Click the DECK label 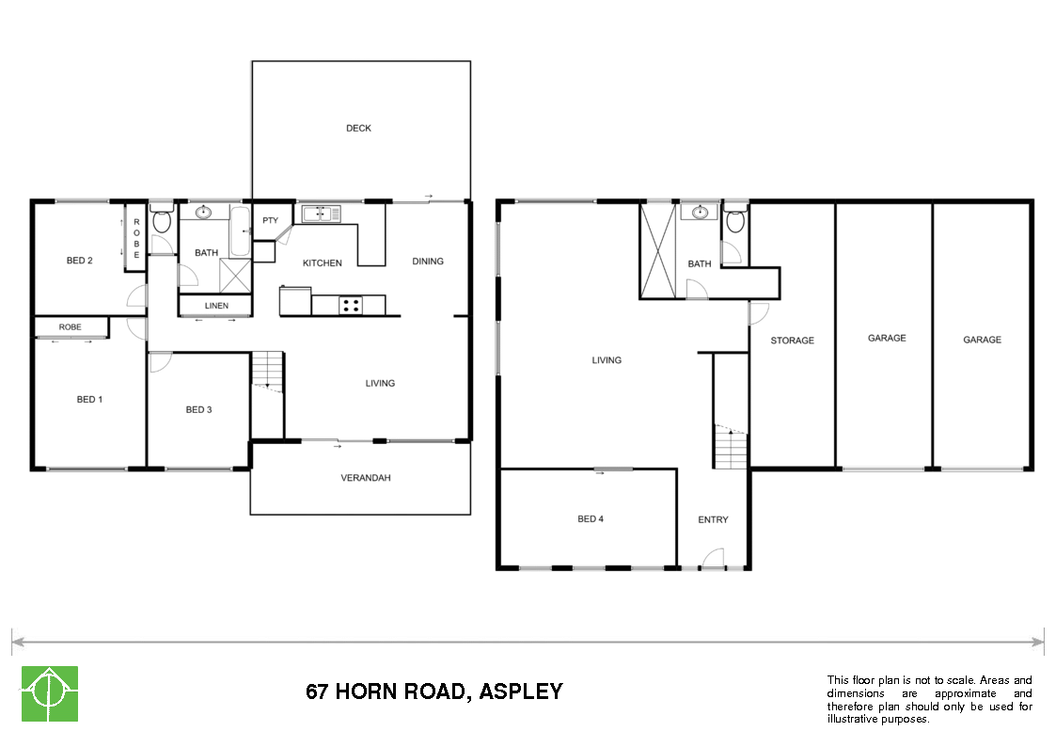358,128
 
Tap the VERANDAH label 365,478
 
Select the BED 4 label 591,519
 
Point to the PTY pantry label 271,221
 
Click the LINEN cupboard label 216,306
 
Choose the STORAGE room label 792,341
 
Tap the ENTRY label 713,519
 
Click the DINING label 428,262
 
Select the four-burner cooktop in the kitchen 350,305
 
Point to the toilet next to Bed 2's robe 161,222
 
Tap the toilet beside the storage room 734,222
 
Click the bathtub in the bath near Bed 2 240,233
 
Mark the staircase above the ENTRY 731,448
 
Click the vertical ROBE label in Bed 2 136,238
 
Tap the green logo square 50,694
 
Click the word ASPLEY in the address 521,691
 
